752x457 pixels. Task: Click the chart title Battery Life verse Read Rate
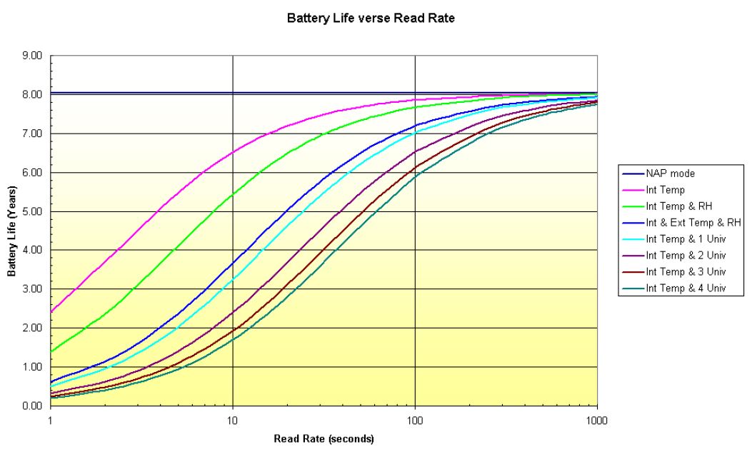click(371, 19)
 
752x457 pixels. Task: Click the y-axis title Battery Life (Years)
click(12, 230)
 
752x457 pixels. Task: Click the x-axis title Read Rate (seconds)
click(324, 438)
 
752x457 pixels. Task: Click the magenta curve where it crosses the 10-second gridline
click(233, 153)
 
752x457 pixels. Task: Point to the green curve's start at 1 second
click(51, 351)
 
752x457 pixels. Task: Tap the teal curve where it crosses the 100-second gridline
click(415, 176)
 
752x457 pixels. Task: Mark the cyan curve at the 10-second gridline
click(233, 279)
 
